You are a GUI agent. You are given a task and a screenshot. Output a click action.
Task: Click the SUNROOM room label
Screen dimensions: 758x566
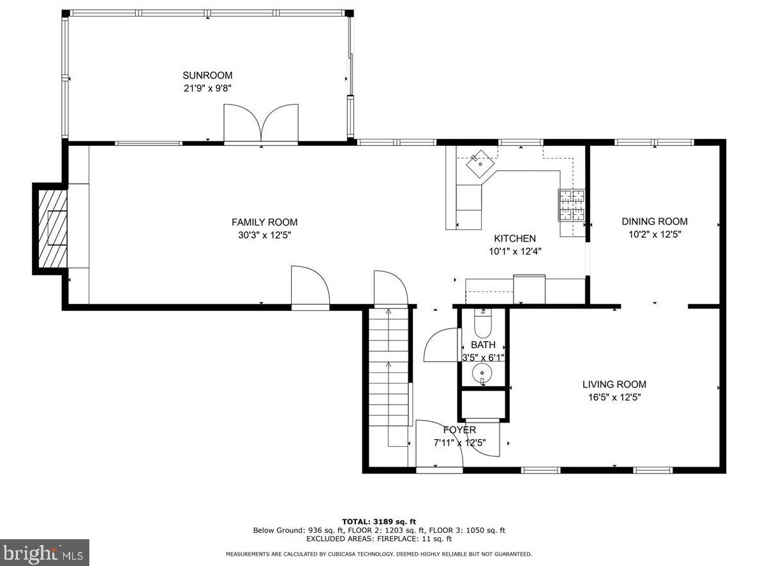point(207,75)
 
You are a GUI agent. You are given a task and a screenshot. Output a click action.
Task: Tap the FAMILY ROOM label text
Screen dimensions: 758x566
point(264,222)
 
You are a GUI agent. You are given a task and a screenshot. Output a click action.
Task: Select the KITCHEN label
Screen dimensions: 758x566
point(515,238)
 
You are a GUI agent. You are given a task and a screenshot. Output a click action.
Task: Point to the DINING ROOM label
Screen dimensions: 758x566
point(655,222)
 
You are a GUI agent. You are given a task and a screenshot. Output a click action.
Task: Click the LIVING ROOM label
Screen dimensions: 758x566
point(614,384)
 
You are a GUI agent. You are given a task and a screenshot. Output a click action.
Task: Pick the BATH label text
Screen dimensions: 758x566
point(483,345)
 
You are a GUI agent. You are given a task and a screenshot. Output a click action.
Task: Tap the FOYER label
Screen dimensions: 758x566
point(460,430)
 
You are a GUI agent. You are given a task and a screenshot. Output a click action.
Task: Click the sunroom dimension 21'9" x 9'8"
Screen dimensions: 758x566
point(207,89)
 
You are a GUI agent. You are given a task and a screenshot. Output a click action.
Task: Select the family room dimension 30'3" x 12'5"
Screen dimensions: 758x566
point(264,235)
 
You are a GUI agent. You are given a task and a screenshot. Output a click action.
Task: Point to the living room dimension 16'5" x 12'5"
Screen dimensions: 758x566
point(614,398)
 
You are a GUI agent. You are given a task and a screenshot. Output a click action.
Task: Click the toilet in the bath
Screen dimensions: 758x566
point(482,323)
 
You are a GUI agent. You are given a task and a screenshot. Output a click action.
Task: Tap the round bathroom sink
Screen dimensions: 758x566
point(482,374)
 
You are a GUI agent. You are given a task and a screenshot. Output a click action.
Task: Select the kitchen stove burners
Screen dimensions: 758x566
point(572,205)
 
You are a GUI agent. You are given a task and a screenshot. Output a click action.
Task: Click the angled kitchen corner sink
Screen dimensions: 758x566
point(480,163)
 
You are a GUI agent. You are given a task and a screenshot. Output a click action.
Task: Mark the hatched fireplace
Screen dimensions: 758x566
point(53,228)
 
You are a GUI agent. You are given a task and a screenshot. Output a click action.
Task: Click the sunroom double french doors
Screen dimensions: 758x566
point(261,124)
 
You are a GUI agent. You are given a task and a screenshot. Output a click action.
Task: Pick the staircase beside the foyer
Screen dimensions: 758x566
point(390,377)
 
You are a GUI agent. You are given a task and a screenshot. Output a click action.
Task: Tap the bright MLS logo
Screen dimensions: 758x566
point(45,553)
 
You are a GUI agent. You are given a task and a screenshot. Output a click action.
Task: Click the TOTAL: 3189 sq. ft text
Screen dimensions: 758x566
point(379,521)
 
